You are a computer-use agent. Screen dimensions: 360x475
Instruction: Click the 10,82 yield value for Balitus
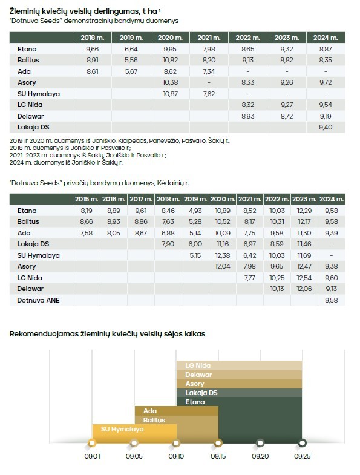pos(170,60)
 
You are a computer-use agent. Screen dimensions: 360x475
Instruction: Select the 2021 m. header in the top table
pos(209,38)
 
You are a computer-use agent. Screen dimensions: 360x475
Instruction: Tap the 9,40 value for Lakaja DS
pos(326,127)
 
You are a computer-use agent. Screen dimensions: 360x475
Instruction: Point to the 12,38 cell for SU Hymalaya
pos(223,255)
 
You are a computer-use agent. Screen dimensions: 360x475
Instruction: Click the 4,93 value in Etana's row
pos(195,211)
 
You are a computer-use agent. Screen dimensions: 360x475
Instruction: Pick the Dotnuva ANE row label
pos(38,300)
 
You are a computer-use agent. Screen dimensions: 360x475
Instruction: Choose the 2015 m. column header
pos(87,199)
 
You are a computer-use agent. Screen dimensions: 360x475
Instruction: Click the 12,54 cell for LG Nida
pos(304,278)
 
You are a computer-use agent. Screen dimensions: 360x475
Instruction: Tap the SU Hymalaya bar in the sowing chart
pos(134,433)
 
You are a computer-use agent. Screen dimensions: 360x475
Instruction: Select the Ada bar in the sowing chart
pos(176,411)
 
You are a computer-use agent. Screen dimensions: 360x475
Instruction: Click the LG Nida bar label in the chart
pos(198,365)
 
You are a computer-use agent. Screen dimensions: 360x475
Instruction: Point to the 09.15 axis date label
pos(218,456)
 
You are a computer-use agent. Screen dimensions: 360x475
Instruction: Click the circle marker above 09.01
pos(93,443)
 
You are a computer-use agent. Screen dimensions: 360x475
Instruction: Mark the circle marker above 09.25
pos(302,443)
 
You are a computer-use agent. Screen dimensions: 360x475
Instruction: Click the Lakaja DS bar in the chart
pos(239,393)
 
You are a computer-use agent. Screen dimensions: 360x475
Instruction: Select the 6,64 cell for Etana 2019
pos(131,49)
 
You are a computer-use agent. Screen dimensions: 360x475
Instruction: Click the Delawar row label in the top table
pos(30,116)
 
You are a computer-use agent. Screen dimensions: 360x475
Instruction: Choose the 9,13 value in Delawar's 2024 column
pos(331,289)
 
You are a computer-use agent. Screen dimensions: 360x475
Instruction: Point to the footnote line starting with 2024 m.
pos(66,163)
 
